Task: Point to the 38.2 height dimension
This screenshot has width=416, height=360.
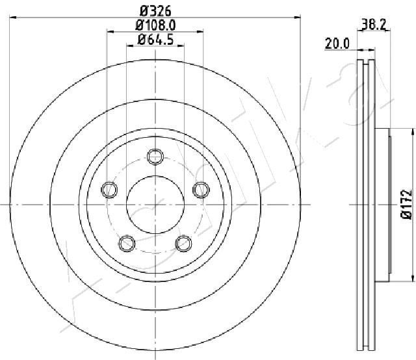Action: (370, 26)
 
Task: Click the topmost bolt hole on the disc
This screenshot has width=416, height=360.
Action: (155, 156)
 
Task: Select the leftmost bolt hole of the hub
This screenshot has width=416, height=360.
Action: (109, 189)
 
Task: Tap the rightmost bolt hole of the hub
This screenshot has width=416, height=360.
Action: (201, 189)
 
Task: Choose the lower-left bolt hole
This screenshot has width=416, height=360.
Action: (126, 243)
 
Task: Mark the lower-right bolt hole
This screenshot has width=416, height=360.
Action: (184, 243)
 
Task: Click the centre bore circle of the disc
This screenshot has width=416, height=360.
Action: (155, 204)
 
